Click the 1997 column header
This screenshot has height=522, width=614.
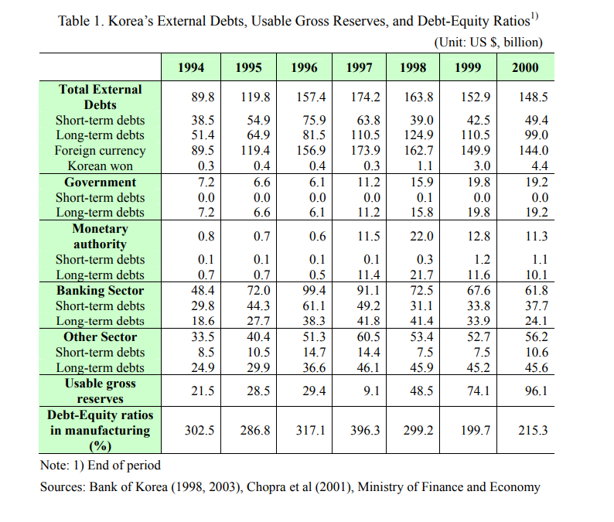[359, 68]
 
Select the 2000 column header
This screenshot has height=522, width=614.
[525, 68]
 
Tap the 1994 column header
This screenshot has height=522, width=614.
[191, 68]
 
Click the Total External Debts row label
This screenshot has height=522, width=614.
[101, 97]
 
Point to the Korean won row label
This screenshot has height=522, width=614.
[101, 165]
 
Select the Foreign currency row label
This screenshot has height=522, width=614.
[100, 151]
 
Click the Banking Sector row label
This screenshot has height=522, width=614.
[101, 291]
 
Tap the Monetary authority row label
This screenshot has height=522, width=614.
[101, 236]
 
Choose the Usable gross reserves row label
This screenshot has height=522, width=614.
[101, 391]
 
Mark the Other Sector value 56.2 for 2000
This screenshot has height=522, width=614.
[536, 337]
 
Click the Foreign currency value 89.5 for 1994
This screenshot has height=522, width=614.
[202, 151]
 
